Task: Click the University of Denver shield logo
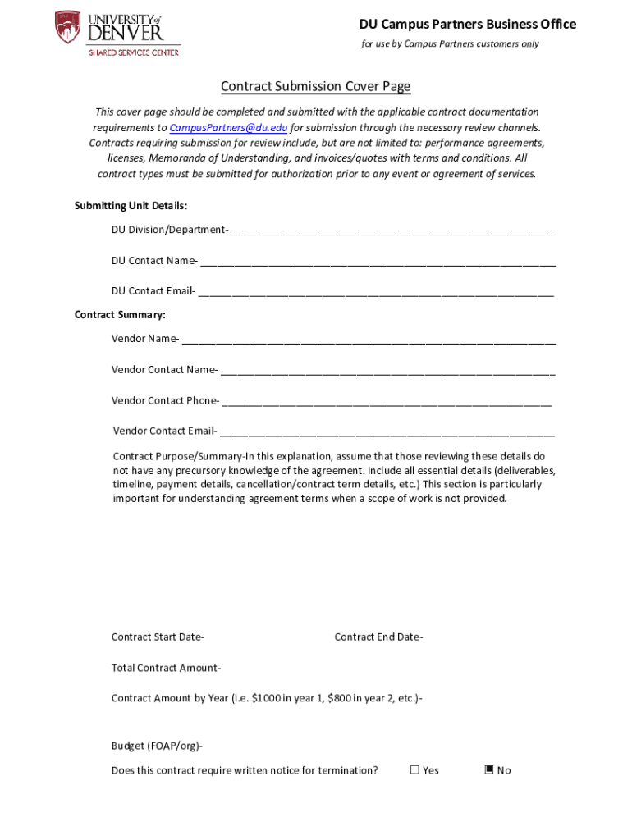[67, 27]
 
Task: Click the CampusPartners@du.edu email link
[228, 128]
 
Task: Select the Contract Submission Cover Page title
[315, 87]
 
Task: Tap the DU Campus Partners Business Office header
[467, 24]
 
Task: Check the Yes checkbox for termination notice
[414, 769]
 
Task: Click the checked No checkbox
[489, 769]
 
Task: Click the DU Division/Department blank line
[392, 231]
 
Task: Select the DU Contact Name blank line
[378, 262]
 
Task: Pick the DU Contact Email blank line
[376, 291]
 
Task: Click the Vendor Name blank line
[369, 340]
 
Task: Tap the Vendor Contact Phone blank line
[387, 401]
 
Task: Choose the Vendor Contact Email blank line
[387, 431]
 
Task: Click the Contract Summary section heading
[120, 315]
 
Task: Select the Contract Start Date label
[158, 637]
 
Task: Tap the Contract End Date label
[378, 637]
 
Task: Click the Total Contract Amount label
[166, 668]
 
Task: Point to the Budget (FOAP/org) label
[157, 746]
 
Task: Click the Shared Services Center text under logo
[134, 52]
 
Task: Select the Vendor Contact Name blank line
[387, 370]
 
